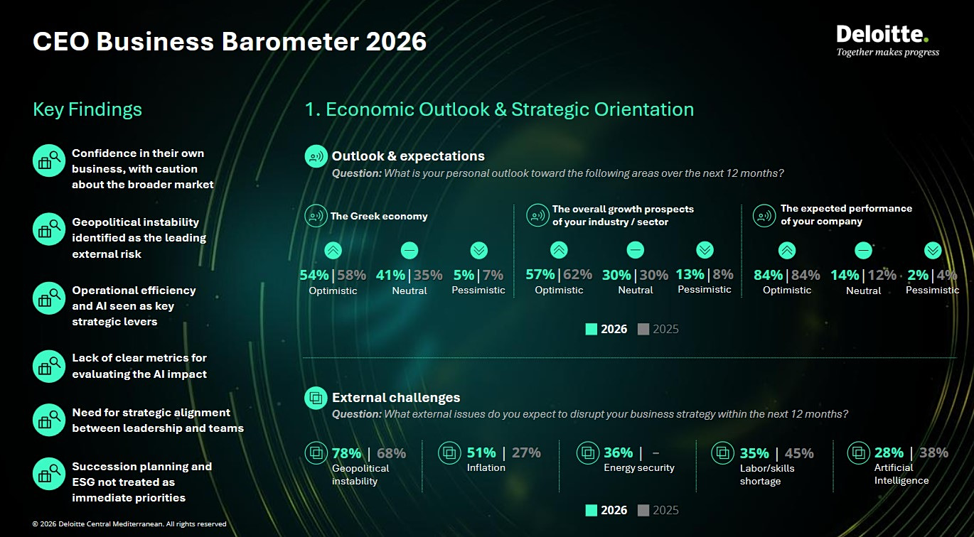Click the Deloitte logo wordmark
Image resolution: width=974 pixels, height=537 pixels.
click(882, 34)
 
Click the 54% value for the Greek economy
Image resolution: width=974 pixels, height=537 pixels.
click(314, 275)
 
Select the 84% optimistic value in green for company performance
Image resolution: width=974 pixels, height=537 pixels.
click(768, 275)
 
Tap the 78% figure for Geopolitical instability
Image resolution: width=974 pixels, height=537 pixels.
click(346, 453)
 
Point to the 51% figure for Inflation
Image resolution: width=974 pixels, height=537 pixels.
click(481, 452)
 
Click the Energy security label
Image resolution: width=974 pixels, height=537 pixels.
click(638, 467)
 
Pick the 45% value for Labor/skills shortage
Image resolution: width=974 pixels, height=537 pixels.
click(799, 453)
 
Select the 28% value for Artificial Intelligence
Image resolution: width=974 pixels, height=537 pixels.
click(889, 452)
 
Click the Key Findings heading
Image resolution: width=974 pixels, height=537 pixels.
click(87, 109)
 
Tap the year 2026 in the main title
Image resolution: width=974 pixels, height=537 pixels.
click(396, 42)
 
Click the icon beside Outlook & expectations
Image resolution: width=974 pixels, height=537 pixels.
click(316, 156)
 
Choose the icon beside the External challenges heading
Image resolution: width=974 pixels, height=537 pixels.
click(316, 398)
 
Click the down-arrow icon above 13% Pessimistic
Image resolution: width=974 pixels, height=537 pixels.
click(705, 250)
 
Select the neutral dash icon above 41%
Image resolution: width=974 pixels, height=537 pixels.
click(410, 250)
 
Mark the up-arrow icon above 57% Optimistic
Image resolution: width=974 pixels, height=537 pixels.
click(560, 250)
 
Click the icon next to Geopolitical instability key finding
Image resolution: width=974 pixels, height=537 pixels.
click(49, 229)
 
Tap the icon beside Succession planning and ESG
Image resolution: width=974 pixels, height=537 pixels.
click(49, 474)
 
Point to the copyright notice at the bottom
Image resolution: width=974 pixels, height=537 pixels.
click(129, 524)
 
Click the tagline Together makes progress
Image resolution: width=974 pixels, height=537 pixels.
click(887, 52)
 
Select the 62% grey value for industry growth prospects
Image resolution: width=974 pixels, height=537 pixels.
click(577, 275)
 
